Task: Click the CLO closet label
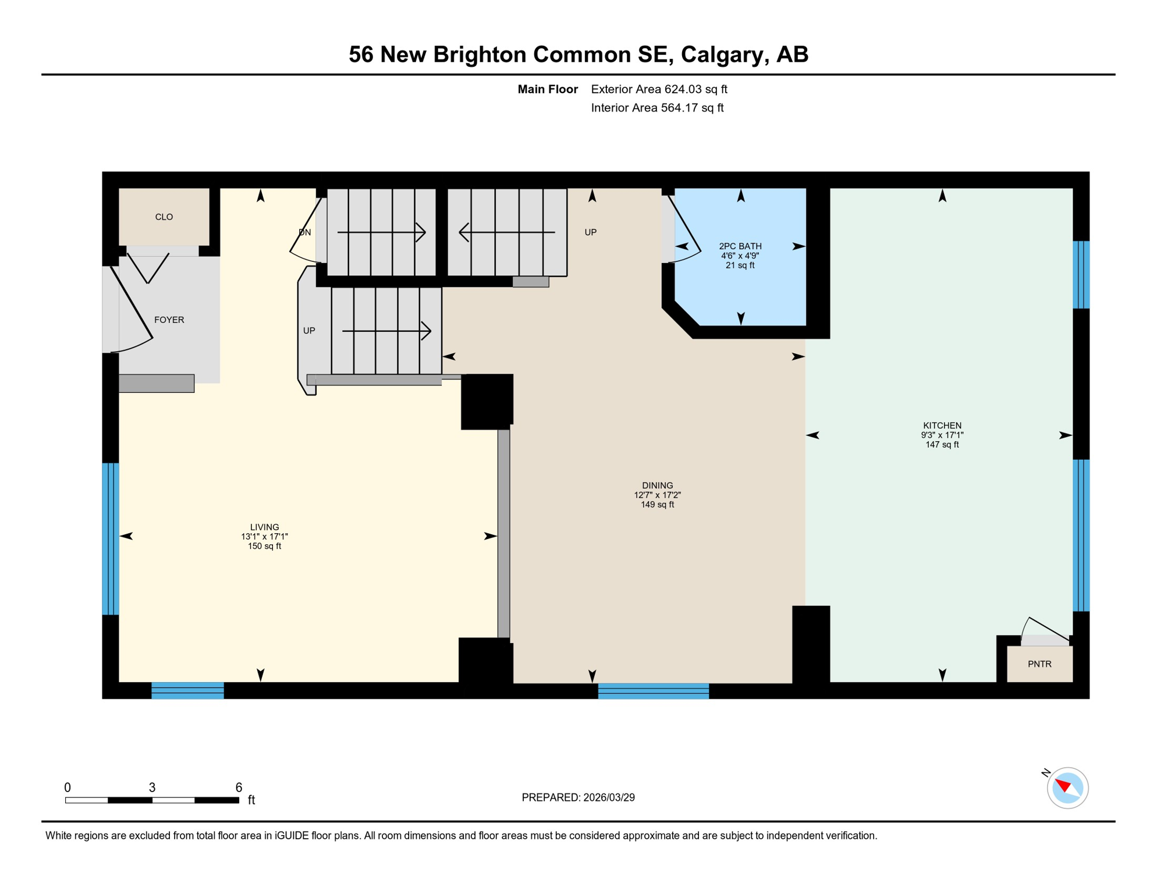tap(164, 217)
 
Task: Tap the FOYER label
tap(169, 320)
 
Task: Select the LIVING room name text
tap(264, 527)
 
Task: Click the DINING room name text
tap(657, 485)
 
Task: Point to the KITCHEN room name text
tap(942, 425)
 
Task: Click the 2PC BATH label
tap(740, 246)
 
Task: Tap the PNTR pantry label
tap(1039, 664)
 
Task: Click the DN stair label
tap(304, 232)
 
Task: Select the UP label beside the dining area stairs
tap(590, 232)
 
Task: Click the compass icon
tap(1067, 788)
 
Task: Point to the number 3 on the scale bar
tap(152, 787)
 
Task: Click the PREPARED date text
tap(578, 797)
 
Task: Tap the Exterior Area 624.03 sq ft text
tap(659, 89)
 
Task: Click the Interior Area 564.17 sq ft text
tap(656, 108)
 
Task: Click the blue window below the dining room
tap(653, 691)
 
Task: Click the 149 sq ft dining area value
tap(657, 505)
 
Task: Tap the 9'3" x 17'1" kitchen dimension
tap(942, 435)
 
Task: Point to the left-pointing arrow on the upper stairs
tap(506, 232)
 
